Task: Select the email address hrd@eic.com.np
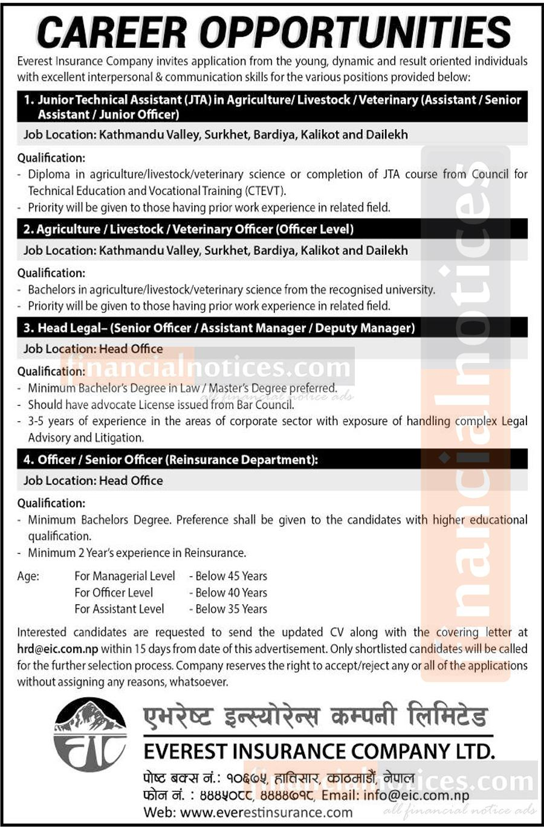[57, 649]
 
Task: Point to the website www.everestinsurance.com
[266, 813]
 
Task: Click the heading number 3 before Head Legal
[28, 328]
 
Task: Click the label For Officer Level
[114, 593]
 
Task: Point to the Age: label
[28, 576]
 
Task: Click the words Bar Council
[265, 405]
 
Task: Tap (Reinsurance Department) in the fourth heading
[242, 460]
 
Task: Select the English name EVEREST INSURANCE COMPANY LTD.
[319, 751]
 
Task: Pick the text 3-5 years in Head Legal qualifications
[51, 421]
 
